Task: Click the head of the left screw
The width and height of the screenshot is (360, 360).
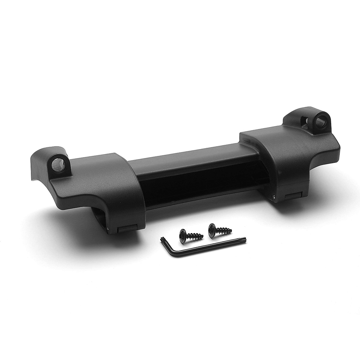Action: pos(183,233)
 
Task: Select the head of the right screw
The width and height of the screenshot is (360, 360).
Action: pos(213,227)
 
